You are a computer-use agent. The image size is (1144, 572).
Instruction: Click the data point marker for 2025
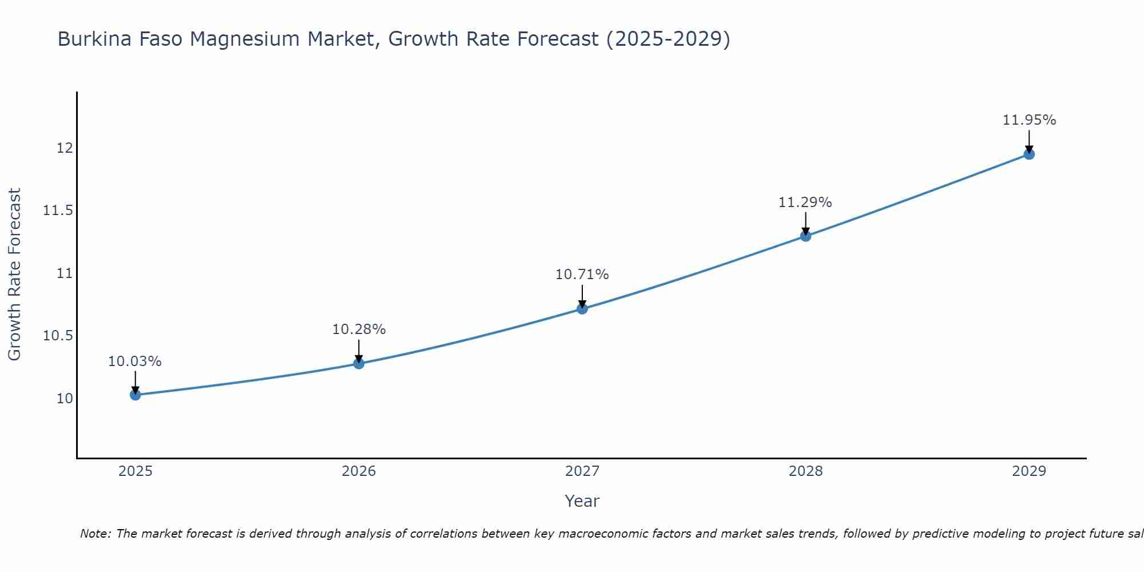[x=135, y=395]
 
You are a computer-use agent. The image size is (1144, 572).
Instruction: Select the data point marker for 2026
[x=359, y=363]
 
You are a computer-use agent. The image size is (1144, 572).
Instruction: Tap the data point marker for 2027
[x=582, y=309]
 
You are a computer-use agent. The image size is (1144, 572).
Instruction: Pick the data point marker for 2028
[x=805, y=236]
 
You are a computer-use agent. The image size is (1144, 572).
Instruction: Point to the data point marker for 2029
[x=1029, y=154]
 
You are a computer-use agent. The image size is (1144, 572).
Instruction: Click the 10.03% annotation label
[x=135, y=362]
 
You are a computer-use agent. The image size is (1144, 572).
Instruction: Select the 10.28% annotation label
[x=359, y=329]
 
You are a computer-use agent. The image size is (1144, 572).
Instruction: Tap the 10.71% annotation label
[x=582, y=275]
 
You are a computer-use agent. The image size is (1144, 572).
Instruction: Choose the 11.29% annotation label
[x=805, y=202]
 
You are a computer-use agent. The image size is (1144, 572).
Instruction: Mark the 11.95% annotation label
[x=1029, y=120]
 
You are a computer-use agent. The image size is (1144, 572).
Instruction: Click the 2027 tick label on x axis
[x=582, y=471]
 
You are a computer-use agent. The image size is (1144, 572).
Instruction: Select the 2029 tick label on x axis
[x=1029, y=471]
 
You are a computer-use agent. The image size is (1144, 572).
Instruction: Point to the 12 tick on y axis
[x=65, y=148]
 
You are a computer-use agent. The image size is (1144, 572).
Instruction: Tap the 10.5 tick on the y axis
[x=58, y=336]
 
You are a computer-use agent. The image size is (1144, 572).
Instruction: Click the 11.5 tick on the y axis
[x=58, y=211]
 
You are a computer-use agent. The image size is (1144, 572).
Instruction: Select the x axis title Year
[x=582, y=501]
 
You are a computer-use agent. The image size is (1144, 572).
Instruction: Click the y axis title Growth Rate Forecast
[x=15, y=275]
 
